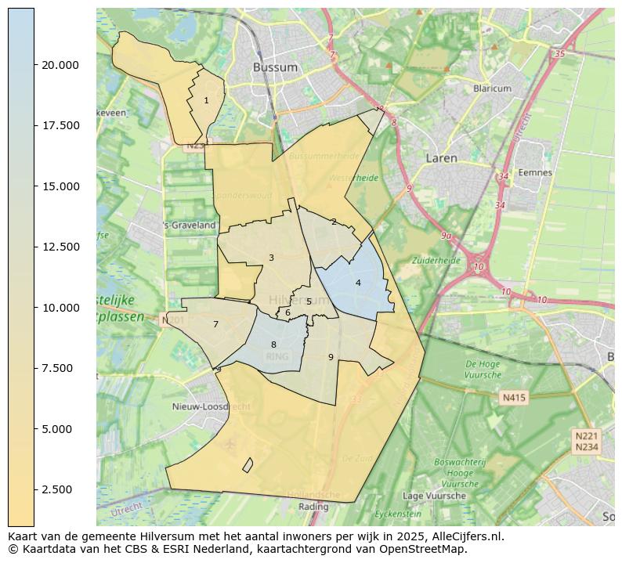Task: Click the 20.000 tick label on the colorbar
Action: click(60, 65)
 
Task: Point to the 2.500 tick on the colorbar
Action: click(60, 489)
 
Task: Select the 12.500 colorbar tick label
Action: click(60, 247)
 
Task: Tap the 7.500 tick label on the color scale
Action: click(60, 368)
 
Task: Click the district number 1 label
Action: click(206, 100)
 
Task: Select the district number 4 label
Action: click(358, 283)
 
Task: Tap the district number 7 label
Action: click(215, 324)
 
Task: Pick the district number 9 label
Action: click(331, 357)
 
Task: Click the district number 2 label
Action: click(334, 222)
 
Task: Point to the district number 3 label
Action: click(271, 258)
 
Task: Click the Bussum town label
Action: click(275, 67)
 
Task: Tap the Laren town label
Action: click(441, 158)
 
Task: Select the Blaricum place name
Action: click(492, 88)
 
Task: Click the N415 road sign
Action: click(514, 398)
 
